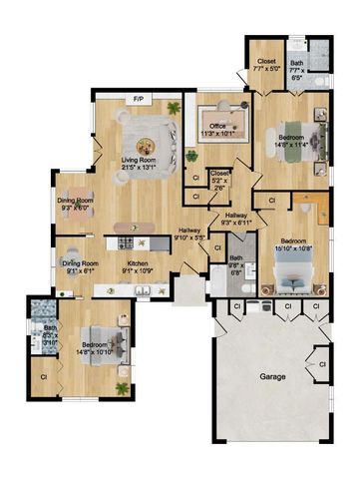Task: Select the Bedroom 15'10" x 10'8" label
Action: coord(293,243)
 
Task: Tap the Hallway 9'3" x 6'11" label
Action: coord(236,219)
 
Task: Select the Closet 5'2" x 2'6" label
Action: coord(220,176)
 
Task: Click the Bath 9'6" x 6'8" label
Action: coord(235,264)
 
